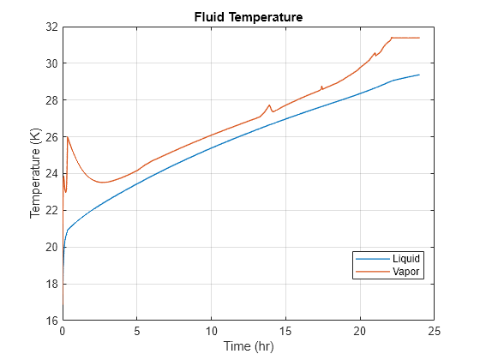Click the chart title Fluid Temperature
[248, 17]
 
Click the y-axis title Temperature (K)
[36, 173]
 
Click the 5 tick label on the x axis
[137, 331]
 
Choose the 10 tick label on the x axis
[211, 331]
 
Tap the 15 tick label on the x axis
[285, 331]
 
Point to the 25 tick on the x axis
[435, 331]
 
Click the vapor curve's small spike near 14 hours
[269, 105]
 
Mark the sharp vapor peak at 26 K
[67, 137]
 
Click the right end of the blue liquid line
[419, 75]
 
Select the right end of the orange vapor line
[419, 38]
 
